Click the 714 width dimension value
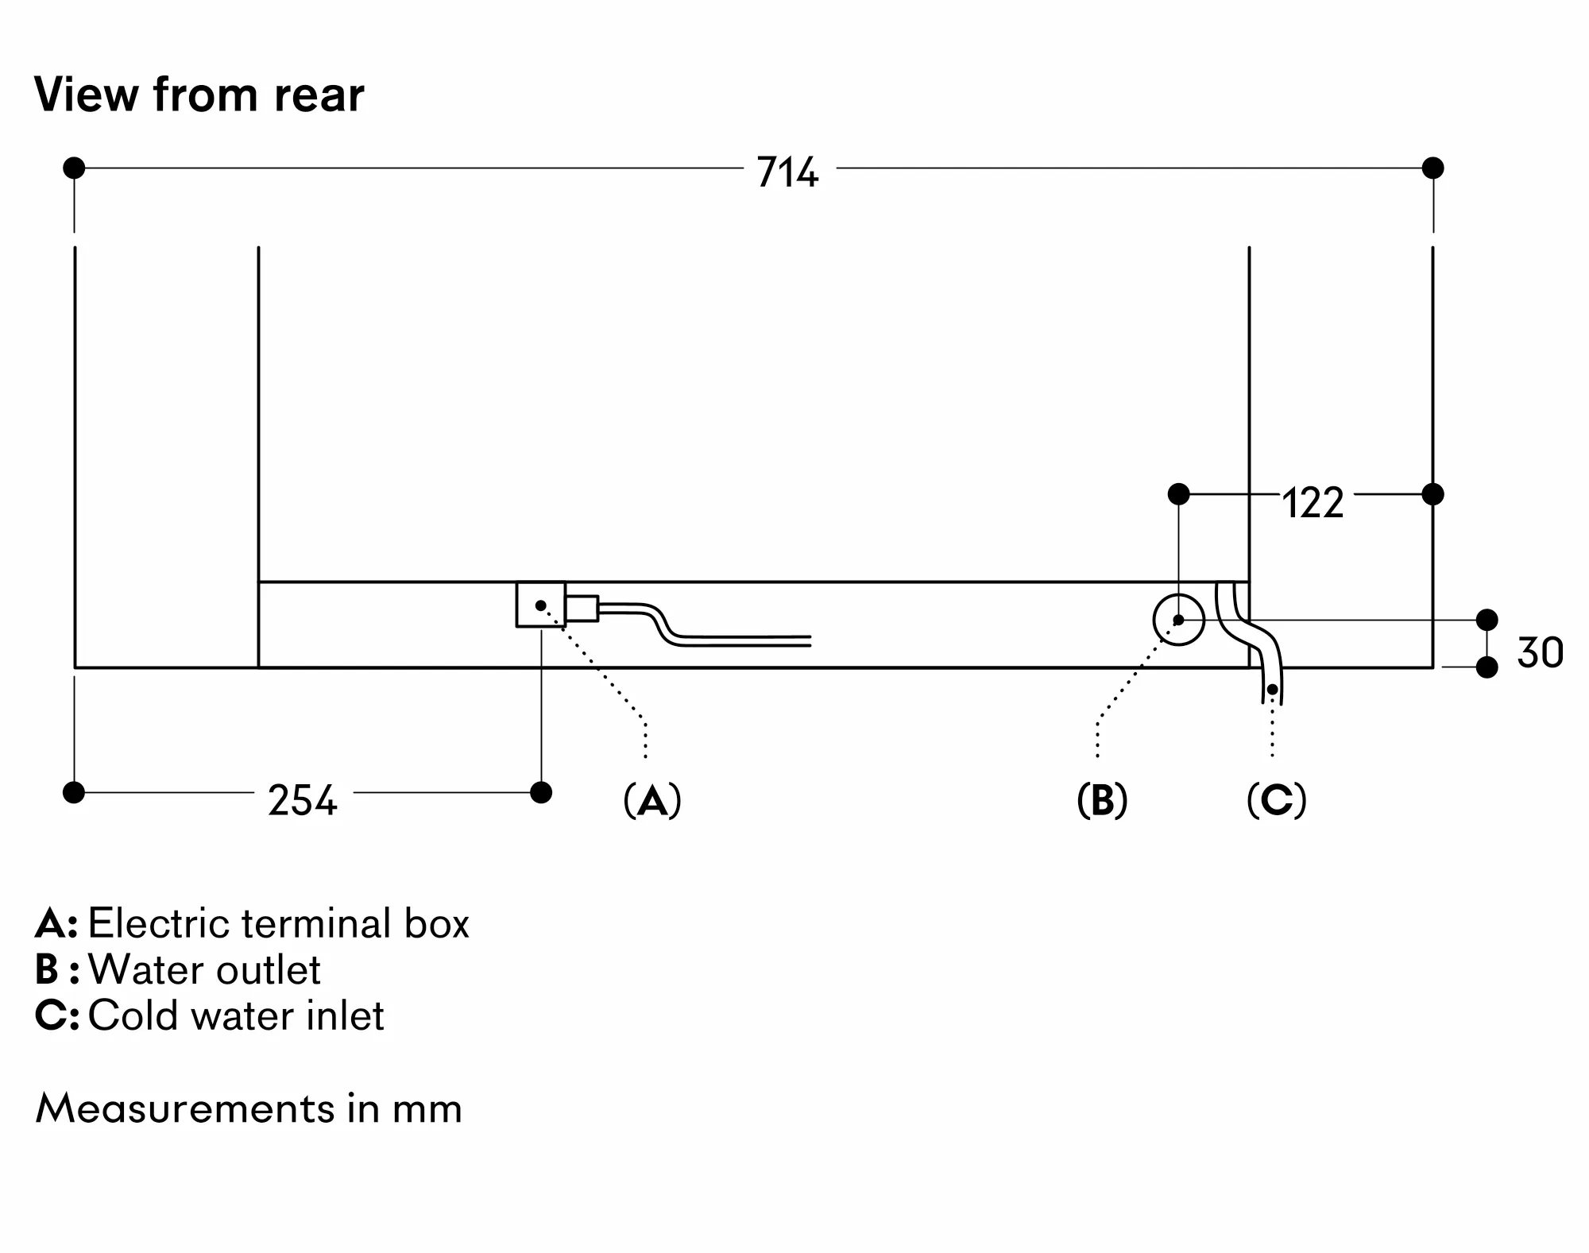(x=787, y=172)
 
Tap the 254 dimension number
(x=302, y=799)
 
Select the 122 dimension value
(x=1313, y=503)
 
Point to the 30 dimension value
(x=1539, y=652)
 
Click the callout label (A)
(x=652, y=800)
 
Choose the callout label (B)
(x=1102, y=800)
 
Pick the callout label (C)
(x=1276, y=800)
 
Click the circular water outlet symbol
(x=1178, y=620)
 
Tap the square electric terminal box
(x=540, y=605)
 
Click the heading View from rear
(x=199, y=95)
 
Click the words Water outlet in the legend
(x=204, y=969)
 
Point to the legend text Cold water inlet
(x=235, y=1015)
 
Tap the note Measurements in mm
(x=249, y=1108)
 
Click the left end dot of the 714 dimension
(x=74, y=168)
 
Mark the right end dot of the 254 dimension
(x=541, y=792)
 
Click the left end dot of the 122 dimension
(x=1178, y=494)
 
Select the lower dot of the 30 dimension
(x=1487, y=667)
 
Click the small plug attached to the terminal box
(x=582, y=608)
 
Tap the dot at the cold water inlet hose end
(x=1272, y=689)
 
